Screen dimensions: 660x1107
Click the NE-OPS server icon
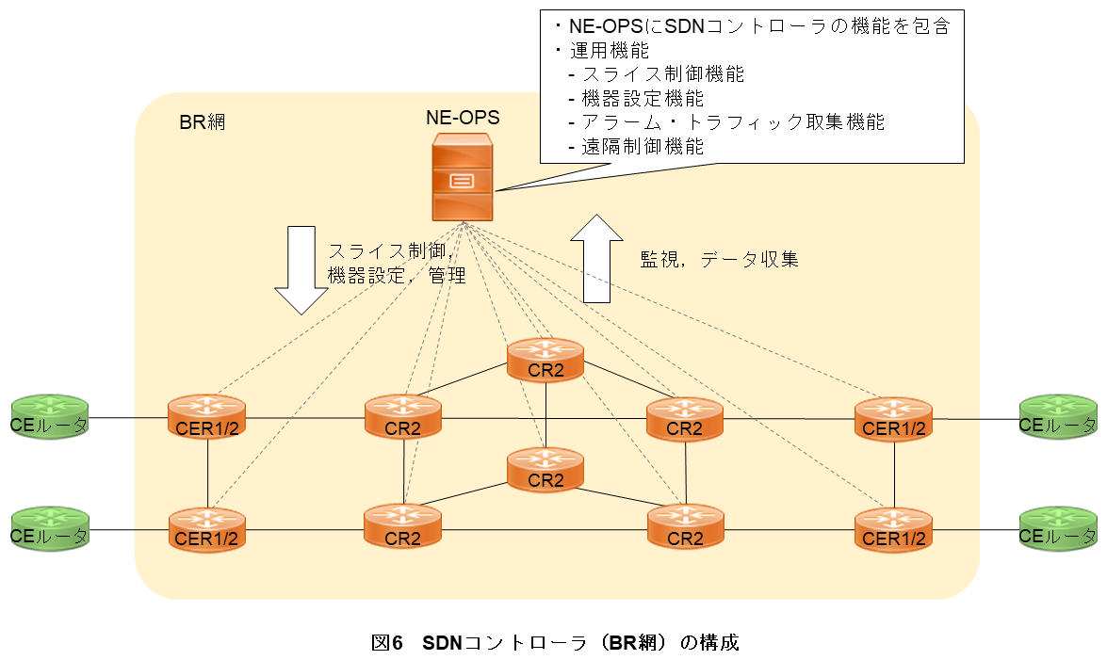462,179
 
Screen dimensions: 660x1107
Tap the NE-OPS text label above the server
462,118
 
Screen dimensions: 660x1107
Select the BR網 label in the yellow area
202,122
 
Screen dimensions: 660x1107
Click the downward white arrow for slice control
301,268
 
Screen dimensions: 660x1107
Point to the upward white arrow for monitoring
596,258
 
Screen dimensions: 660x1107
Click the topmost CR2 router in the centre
545,361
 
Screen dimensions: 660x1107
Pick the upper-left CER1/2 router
206,417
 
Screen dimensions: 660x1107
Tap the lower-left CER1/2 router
206,528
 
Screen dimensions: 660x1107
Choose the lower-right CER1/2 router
893,528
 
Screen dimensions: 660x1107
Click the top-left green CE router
49,417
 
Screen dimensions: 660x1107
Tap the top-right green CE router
1058,417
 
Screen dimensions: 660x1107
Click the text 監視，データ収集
720,260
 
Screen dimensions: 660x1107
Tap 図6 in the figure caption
387,643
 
